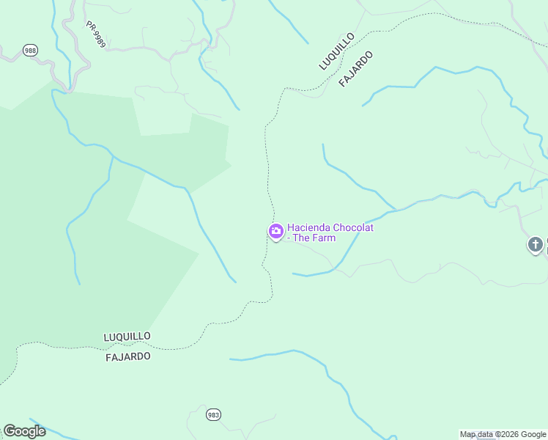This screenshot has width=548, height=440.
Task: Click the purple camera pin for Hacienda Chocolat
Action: click(x=275, y=232)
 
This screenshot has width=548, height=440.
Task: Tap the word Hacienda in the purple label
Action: click(x=310, y=227)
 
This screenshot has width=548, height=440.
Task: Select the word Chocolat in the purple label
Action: click(x=354, y=227)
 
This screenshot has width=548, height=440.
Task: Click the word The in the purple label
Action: click(x=302, y=238)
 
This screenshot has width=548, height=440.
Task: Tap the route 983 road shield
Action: click(x=213, y=415)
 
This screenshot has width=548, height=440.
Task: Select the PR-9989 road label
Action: click(x=95, y=34)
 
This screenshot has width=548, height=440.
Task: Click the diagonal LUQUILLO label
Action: click(x=337, y=51)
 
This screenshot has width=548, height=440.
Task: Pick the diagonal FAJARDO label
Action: click(x=357, y=69)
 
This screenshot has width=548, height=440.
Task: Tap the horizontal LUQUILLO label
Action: click(x=127, y=336)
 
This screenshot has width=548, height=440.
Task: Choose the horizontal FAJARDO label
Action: click(x=128, y=356)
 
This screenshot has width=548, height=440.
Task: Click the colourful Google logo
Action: click(x=24, y=431)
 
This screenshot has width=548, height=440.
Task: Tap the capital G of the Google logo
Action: click(x=9, y=431)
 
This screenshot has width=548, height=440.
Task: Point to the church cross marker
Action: click(x=536, y=244)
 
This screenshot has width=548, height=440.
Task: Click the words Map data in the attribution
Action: click(x=476, y=435)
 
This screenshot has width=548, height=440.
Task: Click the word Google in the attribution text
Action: click(x=533, y=435)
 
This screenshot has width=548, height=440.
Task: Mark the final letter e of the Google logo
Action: click(x=42, y=432)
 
